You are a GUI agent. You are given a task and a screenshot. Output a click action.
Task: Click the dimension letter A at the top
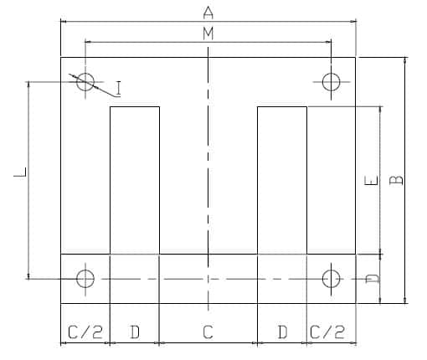[208, 13]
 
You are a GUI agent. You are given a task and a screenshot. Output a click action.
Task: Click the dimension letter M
[208, 33]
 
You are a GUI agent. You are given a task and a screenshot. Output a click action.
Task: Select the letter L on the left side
[20, 172]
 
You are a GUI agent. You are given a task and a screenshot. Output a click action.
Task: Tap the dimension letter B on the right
[396, 180]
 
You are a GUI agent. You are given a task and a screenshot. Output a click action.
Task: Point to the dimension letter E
[371, 180]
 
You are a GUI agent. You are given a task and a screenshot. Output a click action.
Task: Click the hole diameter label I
[119, 88]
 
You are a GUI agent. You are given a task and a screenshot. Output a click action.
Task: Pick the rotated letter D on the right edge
[373, 278]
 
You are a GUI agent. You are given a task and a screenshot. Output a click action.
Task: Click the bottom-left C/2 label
[85, 332]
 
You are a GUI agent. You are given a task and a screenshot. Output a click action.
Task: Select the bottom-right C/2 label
[327, 332]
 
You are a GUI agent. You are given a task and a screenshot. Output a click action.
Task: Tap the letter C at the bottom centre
[208, 332]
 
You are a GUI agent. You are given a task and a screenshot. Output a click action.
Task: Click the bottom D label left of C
[135, 332]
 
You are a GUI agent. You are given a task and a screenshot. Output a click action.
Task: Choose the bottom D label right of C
[282, 332]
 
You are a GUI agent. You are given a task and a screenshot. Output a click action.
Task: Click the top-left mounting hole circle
[85, 73]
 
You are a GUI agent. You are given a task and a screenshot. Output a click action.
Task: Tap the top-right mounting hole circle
[332, 73]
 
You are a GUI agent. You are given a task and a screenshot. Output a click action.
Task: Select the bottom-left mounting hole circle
[85, 270]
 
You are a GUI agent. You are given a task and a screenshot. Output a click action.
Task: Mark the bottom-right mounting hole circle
[332, 270]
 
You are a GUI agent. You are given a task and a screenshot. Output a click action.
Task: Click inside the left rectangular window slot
[135, 180]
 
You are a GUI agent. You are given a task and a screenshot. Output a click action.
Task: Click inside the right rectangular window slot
[282, 180]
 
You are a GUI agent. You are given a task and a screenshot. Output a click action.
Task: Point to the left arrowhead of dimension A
[64, 21]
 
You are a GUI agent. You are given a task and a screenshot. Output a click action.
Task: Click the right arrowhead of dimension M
[328, 42]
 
